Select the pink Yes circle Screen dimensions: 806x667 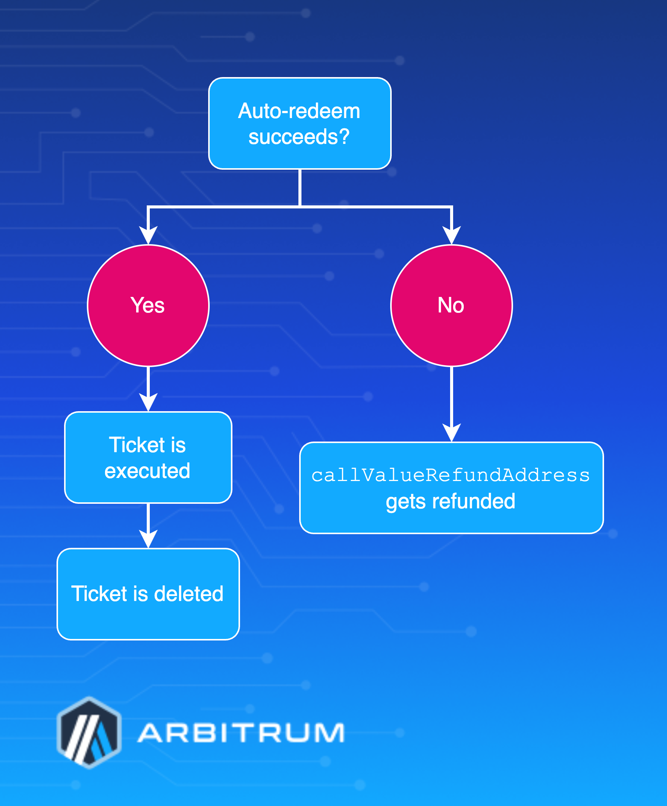[148, 306]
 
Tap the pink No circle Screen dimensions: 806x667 [452, 306]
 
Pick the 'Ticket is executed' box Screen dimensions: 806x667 [148, 457]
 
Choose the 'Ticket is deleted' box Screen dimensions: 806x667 [148, 594]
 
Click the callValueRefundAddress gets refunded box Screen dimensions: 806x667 [452, 487]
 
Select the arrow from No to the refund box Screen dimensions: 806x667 [452, 403]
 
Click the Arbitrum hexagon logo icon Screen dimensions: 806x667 [89, 732]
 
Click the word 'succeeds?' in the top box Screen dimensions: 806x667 [299, 137]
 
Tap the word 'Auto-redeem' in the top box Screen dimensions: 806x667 [299, 111]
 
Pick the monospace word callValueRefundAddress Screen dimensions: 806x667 [450, 475]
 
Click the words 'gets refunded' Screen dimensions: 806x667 [450, 501]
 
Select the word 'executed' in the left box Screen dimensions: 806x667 [148, 470]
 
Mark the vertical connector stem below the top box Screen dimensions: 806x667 [300, 187]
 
